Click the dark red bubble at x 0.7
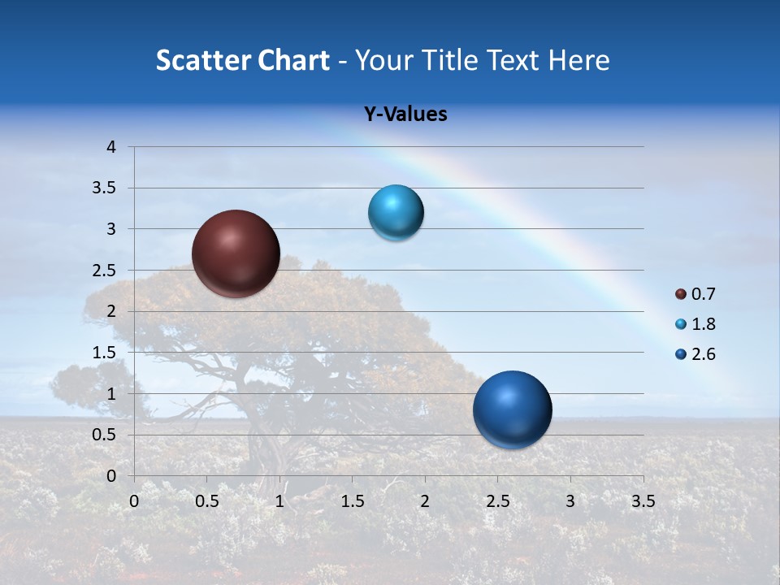click(236, 253)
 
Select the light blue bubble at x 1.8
click(396, 213)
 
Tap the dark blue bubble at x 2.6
click(512, 409)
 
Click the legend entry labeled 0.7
click(695, 294)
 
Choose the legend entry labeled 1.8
click(695, 324)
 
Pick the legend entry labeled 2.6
click(695, 354)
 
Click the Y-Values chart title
click(405, 115)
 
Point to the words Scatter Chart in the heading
click(242, 60)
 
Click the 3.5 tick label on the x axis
click(643, 501)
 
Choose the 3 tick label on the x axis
click(570, 501)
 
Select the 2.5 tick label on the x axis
click(497, 501)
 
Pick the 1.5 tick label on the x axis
click(352, 501)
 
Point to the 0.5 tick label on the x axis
click(206, 501)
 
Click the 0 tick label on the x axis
click(134, 501)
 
